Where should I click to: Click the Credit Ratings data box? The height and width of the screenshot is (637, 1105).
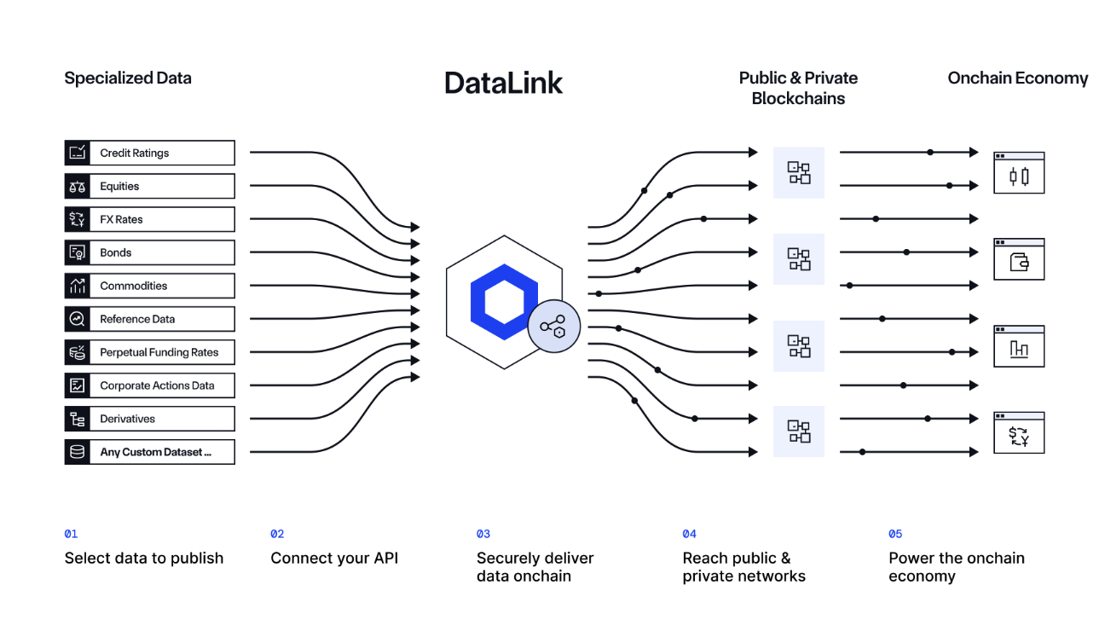[x=149, y=153]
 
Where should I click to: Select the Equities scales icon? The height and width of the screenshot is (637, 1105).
[x=78, y=187]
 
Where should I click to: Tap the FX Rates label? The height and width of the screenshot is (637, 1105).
[x=121, y=219]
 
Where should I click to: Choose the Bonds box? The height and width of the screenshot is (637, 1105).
[x=149, y=252]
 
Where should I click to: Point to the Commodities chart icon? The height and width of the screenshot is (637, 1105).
[x=78, y=286]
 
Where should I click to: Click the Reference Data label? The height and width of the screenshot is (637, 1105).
[x=137, y=319]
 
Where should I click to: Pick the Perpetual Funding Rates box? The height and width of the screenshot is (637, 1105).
[x=149, y=352]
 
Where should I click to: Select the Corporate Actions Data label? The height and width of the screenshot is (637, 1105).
[x=157, y=385]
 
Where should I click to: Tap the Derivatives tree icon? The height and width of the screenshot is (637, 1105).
[x=78, y=419]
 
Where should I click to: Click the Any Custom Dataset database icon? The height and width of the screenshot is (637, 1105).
[x=78, y=452]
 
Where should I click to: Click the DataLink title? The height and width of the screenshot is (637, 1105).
[x=503, y=83]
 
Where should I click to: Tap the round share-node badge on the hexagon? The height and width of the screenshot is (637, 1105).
[x=553, y=326]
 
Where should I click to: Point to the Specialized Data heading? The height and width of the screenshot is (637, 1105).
[x=128, y=78]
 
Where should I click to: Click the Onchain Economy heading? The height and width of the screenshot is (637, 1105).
[x=1018, y=78]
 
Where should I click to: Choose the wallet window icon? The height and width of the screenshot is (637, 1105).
[x=1019, y=259]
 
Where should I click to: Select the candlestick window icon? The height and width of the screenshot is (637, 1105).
[x=1019, y=173]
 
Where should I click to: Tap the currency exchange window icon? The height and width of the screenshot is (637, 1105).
[x=1019, y=432]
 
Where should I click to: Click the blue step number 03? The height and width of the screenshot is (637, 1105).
[x=483, y=534]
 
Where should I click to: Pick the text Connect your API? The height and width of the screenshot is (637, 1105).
[x=334, y=558]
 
